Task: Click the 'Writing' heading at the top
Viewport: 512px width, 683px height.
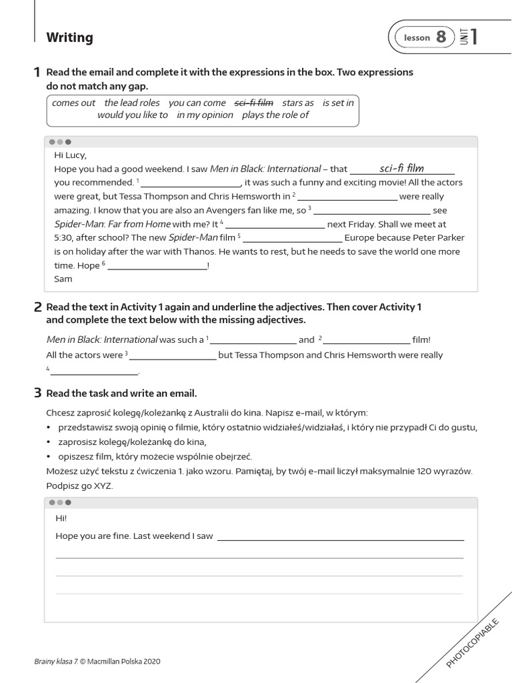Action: click(69, 38)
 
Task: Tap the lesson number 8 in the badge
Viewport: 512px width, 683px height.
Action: click(441, 38)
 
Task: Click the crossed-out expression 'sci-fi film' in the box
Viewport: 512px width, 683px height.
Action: click(254, 103)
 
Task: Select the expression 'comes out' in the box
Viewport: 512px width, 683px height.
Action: click(73, 103)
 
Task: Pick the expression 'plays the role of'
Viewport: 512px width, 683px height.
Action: click(275, 115)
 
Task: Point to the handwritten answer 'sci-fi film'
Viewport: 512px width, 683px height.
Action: click(401, 168)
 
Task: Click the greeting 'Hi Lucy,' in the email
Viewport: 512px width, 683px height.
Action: click(70, 155)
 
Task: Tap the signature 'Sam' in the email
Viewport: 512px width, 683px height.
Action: click(63, 279)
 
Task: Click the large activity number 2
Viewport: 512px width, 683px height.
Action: click(38, 307)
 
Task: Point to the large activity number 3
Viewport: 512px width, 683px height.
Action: click(38, 393)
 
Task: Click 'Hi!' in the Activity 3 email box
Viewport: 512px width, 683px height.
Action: click(61, 518)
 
